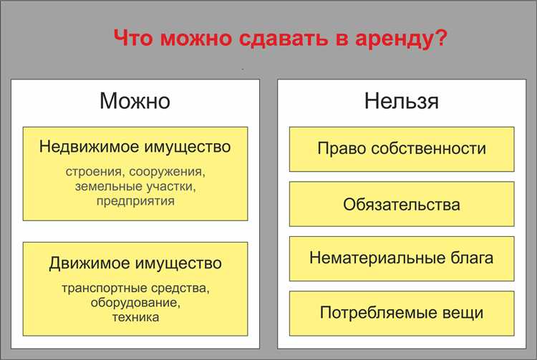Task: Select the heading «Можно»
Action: tap(135, 101)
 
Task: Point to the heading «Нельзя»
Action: tap(401, 101)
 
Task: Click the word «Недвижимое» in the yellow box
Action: tap(84, 147)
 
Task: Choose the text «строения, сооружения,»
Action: tap(135, 172)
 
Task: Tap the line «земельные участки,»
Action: tap(135, 187)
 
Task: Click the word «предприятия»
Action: tap(135, 201)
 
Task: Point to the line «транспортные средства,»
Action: tap(135, 288)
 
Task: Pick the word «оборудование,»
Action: tap(135, 303)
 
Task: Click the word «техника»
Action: tap(135, 316)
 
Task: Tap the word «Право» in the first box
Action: tap(339, 149)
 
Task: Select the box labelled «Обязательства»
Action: tap(401, 204)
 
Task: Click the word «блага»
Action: tap(473, 258)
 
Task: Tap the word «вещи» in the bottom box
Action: tap(463, 313)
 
